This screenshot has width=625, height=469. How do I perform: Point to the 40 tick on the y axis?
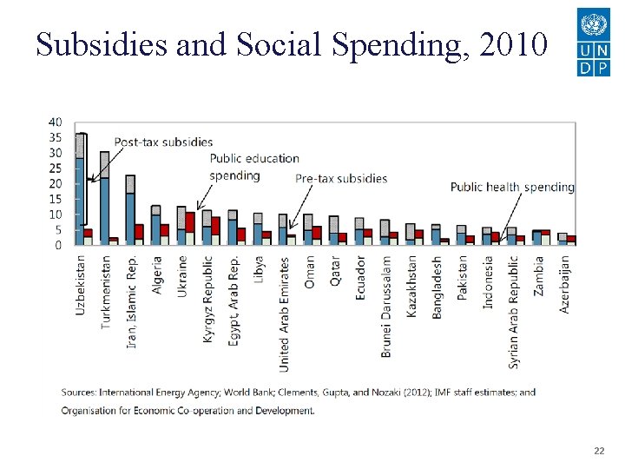click(x=56, y=122)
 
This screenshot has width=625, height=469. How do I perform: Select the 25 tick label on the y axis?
click(x=56, y=168)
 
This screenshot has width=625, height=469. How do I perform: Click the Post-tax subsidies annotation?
click(x=163, y=142)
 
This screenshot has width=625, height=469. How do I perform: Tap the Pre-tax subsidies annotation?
click(x=341, y=179)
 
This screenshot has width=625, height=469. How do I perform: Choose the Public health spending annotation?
click(x=512, y=187)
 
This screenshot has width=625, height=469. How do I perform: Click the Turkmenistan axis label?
click(x=106, y=291)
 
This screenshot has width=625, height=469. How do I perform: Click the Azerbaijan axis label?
click(x=564, y=283)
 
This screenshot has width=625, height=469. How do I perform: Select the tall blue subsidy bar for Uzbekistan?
click(x=79, y=200)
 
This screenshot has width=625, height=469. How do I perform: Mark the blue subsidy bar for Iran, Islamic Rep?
click(x=130, y=218)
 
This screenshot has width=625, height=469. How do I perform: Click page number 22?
click(x=598, y=452)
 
